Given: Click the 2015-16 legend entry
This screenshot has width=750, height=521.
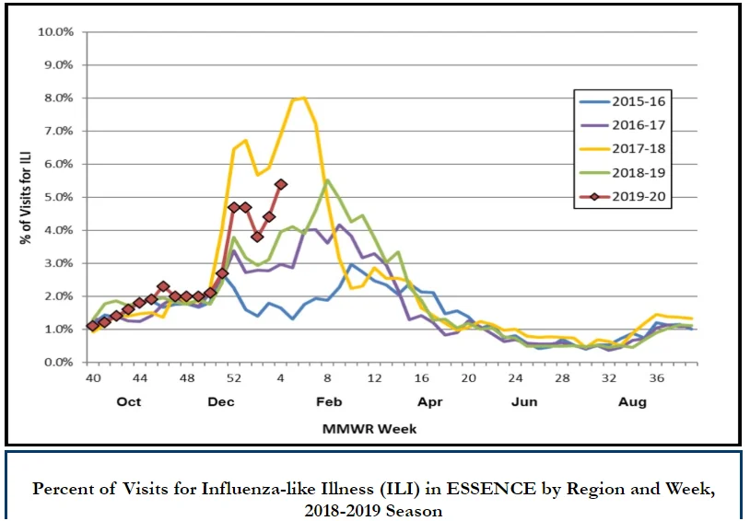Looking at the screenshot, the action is click(x=622, y=101).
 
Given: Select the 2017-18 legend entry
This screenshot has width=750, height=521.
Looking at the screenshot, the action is click(x=622, y=148).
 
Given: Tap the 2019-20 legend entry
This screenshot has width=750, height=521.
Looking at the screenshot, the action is click(x=622, y=196).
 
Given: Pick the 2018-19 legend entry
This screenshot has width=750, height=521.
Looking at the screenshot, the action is click(x=622, y=172).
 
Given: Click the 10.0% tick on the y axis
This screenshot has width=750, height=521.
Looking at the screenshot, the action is click(x=56, y=32).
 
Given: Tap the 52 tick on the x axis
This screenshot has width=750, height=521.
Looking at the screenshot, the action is click(x=233, y=378).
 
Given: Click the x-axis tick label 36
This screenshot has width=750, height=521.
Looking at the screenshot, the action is click(x=656, y=378).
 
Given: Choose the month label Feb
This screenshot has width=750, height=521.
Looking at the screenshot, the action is click(x=329, y=401).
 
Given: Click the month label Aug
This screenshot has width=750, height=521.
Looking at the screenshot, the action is click(x=632, y=402).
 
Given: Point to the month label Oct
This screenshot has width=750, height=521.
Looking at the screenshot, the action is click(x=129, y=401).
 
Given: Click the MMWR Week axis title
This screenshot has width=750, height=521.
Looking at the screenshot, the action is click(x=369, y=429).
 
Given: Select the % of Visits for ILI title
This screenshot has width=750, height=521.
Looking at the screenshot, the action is click(x=26, y=198).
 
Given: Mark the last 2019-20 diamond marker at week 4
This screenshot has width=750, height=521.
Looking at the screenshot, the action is click(x=281, y=184).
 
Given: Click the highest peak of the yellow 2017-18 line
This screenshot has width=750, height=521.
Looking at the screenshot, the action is click(x=304, y=98).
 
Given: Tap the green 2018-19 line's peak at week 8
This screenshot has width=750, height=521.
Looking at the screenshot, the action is click(x=327, y=180).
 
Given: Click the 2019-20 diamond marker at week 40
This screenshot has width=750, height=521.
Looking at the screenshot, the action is click(x=93, y=326).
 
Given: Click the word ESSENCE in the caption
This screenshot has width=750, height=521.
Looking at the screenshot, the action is click(x=491, y=489).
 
